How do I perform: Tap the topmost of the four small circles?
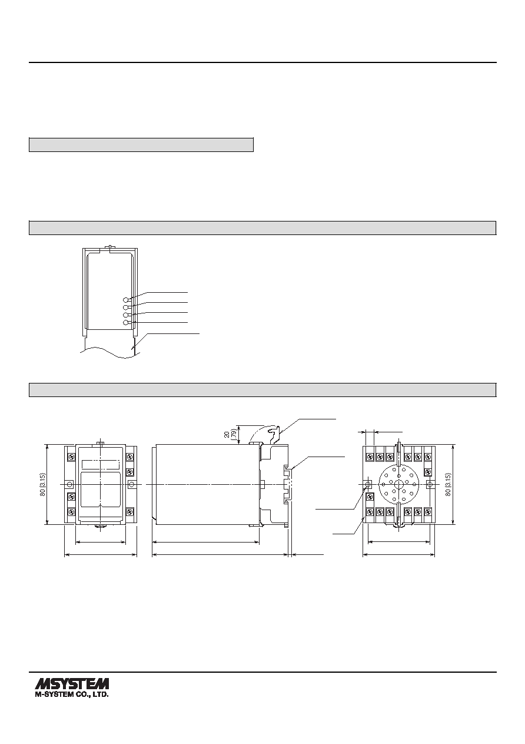125,300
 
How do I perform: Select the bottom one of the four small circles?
125,322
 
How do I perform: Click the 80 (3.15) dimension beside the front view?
42,485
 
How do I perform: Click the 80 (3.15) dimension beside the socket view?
448,485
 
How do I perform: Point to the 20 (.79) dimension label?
230,434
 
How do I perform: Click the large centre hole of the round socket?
398,484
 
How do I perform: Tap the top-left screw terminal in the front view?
71,457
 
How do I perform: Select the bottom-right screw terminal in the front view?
129,512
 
